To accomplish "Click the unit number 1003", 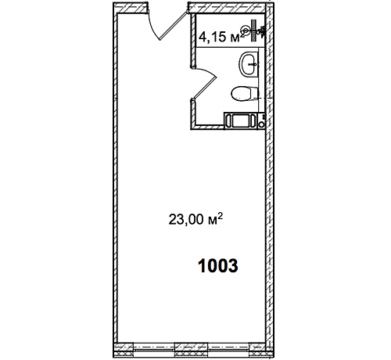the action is click(x=218, y=266).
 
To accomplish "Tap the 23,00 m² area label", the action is click(x=195, y=219).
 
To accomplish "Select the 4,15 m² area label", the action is click(x=222, y=37).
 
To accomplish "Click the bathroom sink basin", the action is click(x=249, y=64).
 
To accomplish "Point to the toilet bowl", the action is click(x=244, y=94).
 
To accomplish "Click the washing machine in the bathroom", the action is click(x=240, y=121).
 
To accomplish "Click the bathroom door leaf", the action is click(x=204, y=88).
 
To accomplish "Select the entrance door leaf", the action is click(x=173, y=26).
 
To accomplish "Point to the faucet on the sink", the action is click(x=252, y=64).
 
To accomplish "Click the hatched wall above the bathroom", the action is click(x=226, y=8).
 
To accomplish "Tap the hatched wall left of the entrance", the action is click(x=130, y=7).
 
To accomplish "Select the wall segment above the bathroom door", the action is click(x=193, y=41).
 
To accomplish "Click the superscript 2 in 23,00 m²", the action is click(x=220, y=216).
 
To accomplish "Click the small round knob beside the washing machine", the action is click(x=261, y=124).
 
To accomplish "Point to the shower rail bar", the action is click(x=253, y=31).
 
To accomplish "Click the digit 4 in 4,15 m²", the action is click(x=202, y=37).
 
